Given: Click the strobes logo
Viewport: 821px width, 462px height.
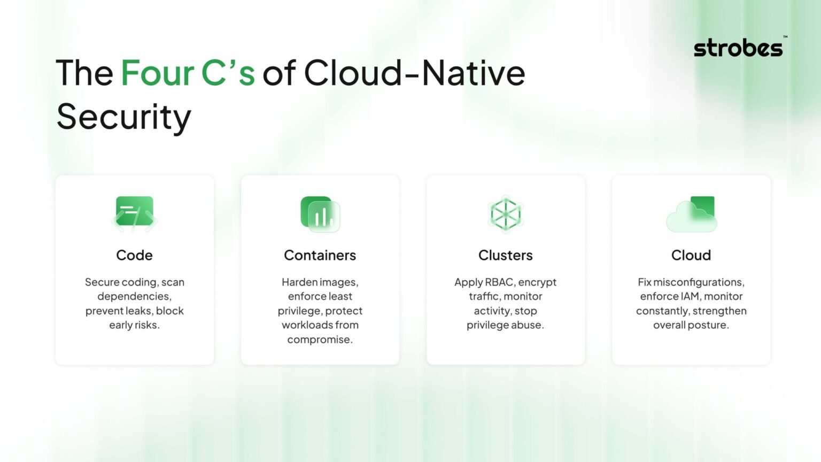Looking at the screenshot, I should pyautogui.click(x=739, y=48).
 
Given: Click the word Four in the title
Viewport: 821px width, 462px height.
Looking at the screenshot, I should pyautogui.click(x=157, y=73).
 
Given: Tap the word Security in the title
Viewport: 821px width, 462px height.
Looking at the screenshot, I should pyautogui.click(x=123, y=117).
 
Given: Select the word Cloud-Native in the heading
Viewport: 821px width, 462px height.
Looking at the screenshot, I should pyautogui.click(x=414, y=73).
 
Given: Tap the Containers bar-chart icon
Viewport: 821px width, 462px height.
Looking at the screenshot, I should pyautogui.click(x=320, y=214).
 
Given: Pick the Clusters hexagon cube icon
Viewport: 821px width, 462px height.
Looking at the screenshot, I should pyautogui.click(x=505, y=214).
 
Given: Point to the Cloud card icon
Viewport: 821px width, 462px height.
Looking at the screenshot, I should pyautogui.click(x=691, y=214).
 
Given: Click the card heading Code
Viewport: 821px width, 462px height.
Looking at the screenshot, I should pyautogui.click(x=134, y=255).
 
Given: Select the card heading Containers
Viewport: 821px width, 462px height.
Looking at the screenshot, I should pyautogui.click(x=320, y=255).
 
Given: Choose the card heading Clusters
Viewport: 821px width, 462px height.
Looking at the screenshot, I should pyautogui.click(x=505, y=255).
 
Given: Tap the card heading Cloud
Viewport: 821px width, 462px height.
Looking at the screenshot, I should pyautogui.click(x=691, y=255).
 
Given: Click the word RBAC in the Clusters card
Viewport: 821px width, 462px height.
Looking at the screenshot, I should pyautogui.click(x=499, y=282).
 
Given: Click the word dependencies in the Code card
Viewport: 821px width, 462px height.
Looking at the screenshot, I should pyautogui.click(x=134, y=296).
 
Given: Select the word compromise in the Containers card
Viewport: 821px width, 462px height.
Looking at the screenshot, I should pyautogui.click(x=319, y=340).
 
